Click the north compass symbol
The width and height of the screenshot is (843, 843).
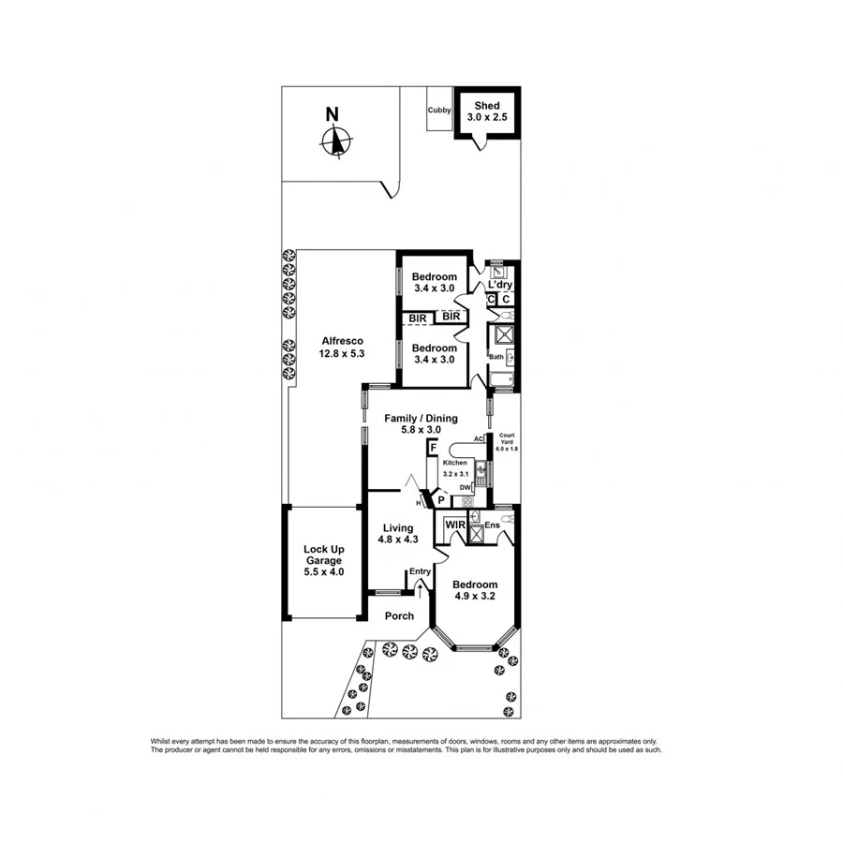pyautogui.click(x=334, y=141)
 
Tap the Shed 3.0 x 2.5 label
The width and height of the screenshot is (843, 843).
pyautogui.click(x=486, y=111)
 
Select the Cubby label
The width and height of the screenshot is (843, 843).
pyautogui.click(x=439, y=111)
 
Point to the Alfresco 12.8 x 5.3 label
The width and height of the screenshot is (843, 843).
pyautogui.click(x=342, y=348)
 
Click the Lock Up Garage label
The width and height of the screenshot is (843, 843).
pyautogui.click(x=322, y=560)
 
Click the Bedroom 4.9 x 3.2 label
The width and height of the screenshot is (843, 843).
pyautogui.click(x=474, y=590)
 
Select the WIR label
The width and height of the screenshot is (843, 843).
pyautogui.click(x=455, y=525)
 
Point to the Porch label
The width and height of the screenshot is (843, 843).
pyautogui.click(x=399, y=615)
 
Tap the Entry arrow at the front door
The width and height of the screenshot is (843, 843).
pyautogui.click(x=420, y=588)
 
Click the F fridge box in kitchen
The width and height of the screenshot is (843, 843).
pyautogui.click(x=433, y=450)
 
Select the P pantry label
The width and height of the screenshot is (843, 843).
pyautogui.click(x=440, y=501)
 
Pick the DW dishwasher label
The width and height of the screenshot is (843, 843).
pyautogui.click(x=465, y=487)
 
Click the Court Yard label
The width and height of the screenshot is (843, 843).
pyautogui.click(x=507, y=442)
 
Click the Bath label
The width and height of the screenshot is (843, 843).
pyautogui.click(x=495, y=357)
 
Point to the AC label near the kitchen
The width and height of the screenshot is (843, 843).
pyautogui.click(x=478, y=438)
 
